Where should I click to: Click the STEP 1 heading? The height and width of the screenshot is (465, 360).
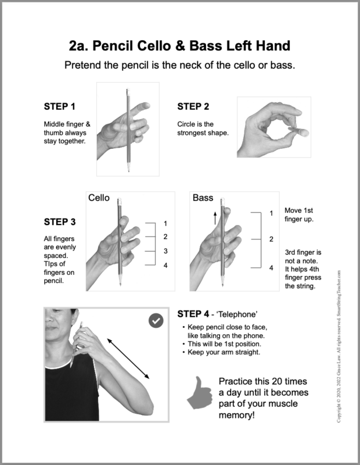tap(60, 106)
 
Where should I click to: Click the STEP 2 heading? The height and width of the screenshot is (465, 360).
tap(193, 106)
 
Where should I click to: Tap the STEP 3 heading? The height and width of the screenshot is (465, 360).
tap(60, 222)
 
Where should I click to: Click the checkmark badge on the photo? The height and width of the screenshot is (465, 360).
tap(156, 320)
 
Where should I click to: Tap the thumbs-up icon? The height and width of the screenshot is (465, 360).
tap(199, 394)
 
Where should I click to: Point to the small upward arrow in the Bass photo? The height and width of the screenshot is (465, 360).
tap(214, 217)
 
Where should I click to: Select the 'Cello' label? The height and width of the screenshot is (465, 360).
tap(99, 198)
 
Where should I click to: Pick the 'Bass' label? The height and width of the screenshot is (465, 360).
tap(203, 198)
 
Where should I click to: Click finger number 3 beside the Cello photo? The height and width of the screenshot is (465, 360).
tap(165, 251)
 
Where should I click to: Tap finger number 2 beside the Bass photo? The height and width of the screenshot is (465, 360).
tap(271, 239)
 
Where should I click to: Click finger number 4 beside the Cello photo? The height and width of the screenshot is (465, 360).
tap(165, 266)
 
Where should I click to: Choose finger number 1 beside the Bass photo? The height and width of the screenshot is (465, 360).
tap(271, 213)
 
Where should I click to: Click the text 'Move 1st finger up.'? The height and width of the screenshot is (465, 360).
tap(300, 214)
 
